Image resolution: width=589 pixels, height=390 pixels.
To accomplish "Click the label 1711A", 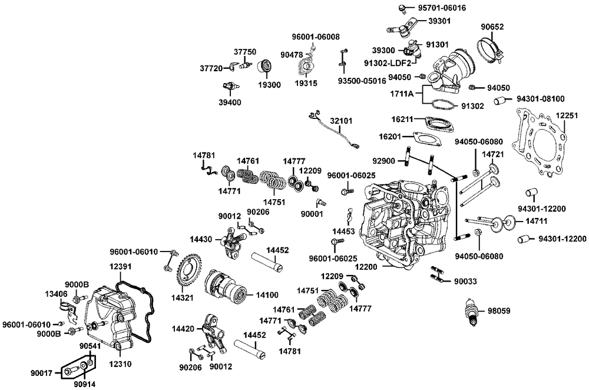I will point(402,93).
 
